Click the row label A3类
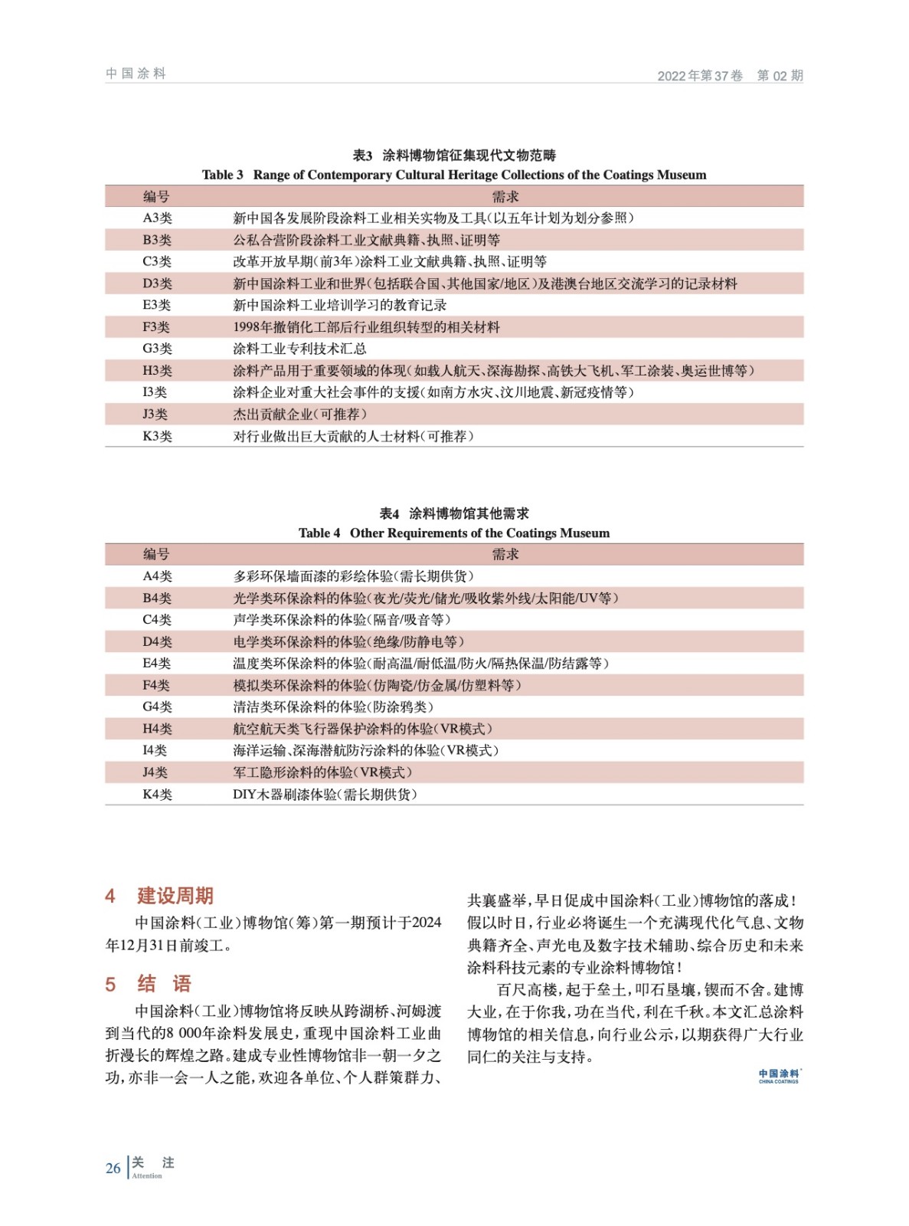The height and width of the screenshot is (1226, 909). tap(157, 218)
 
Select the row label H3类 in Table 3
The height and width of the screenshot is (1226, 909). tap(157, 371)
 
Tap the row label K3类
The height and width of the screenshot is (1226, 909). tap(157, 436)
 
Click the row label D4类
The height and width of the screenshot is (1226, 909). tap(157, 641)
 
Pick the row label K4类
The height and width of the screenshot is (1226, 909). tap(157, 795)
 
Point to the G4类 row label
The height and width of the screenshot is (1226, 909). tap(157, 706)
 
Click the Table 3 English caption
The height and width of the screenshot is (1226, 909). tap(454, 175)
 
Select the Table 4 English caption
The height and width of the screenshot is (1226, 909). tap(454, 533)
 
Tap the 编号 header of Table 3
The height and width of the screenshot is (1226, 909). tap(156, 196)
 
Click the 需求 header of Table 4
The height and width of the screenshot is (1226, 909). tap(505, 554)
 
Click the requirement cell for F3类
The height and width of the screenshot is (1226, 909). tap(366, 327)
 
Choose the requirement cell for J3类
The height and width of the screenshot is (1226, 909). tap(299, 415)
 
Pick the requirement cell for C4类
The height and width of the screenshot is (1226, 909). tap(342, 619)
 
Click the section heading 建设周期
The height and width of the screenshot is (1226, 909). tap(175, 896)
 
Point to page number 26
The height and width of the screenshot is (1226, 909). tap(113, 1169)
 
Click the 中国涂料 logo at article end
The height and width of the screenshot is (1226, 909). tap(778, 1076)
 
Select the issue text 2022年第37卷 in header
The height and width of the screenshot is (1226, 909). tap(700, 76)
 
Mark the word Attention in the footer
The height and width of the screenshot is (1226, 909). tap(147, 1176)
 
